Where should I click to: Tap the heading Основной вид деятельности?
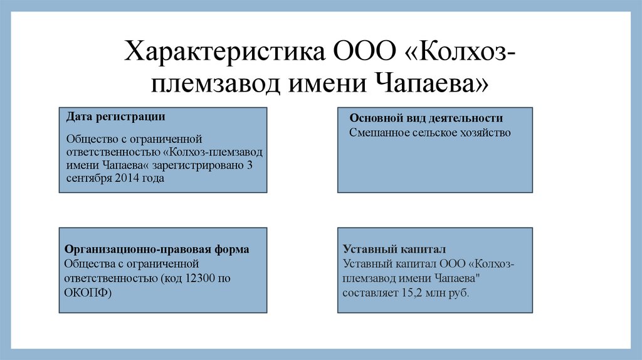(x=426, y=119)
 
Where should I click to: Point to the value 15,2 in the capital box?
(x=407, y=292)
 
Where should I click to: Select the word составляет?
(x=368, y=292)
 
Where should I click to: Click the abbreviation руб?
(x=458, y=292)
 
